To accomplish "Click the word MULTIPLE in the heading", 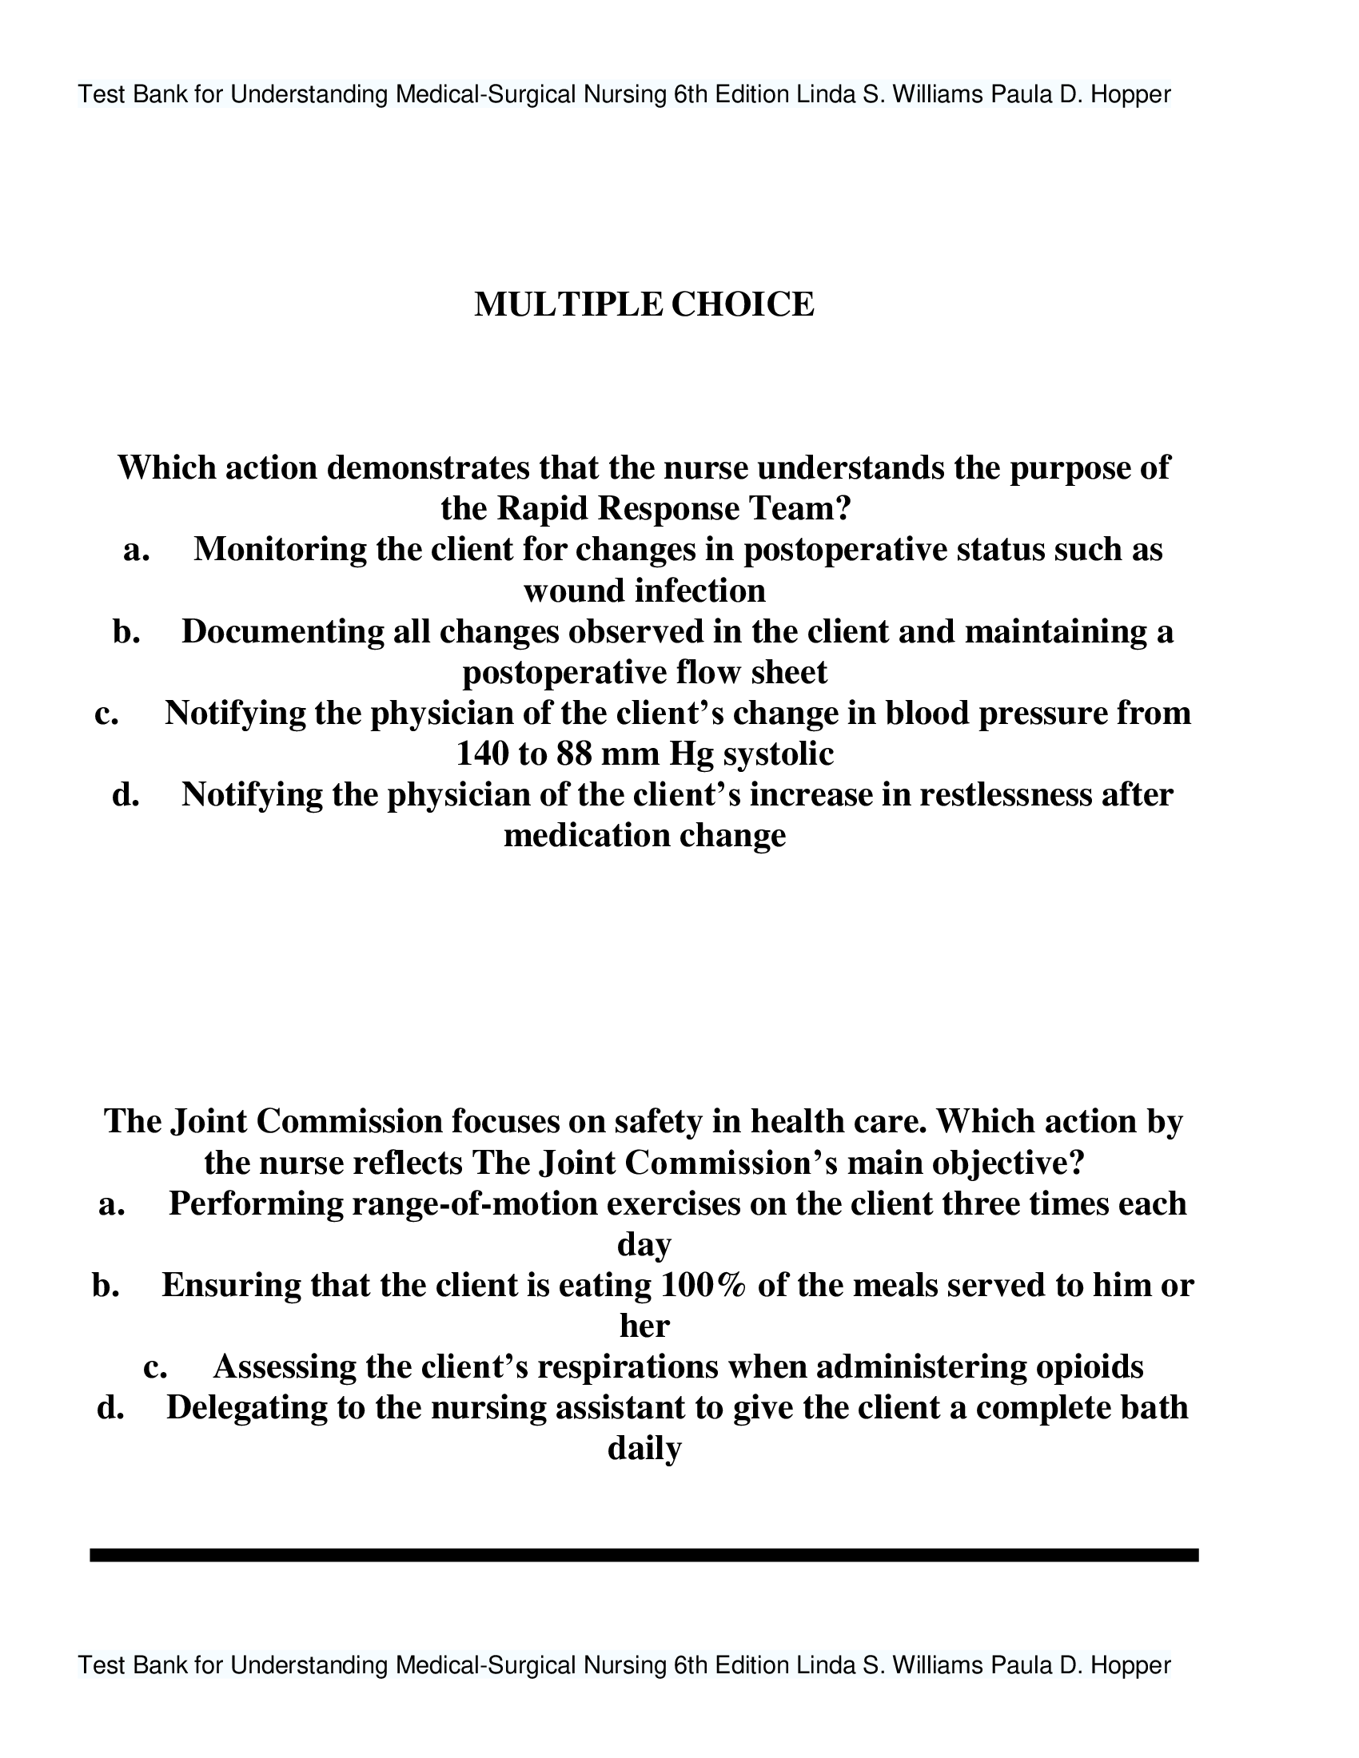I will pyautogui.click(x=568, y=305).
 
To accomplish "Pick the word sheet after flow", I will pyautogui.click(x=789, y=673).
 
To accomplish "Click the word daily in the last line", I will pyautogui.click(x=644, y=1449).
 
